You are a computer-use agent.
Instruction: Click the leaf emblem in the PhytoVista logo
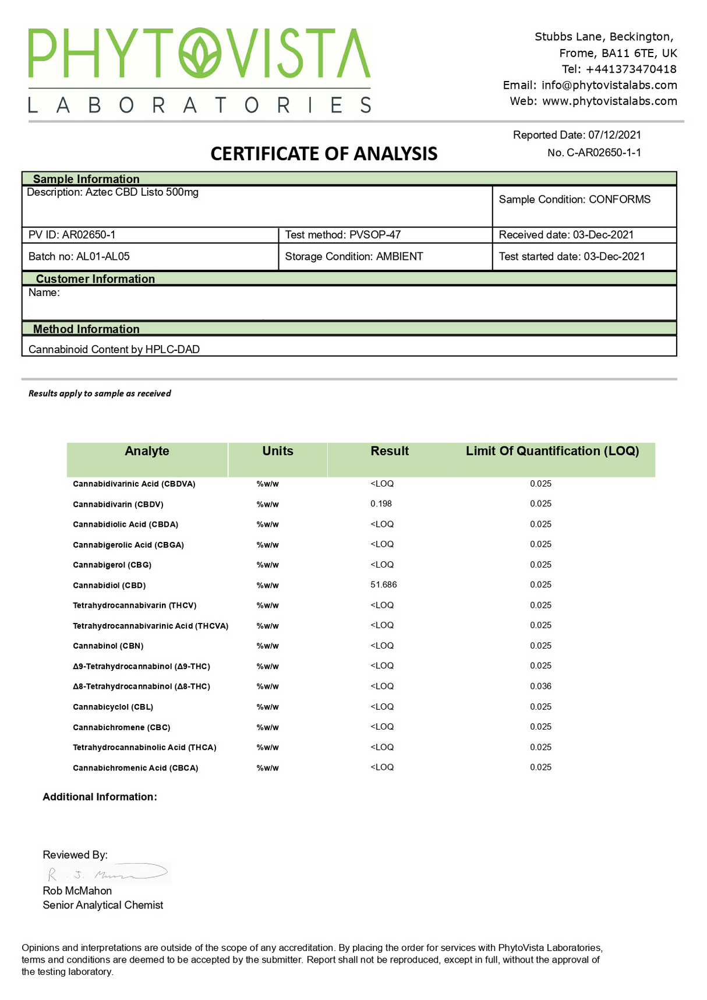200,53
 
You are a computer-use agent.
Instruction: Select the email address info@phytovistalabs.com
609,85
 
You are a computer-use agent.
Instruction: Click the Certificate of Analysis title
324,154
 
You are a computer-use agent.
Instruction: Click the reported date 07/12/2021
614,135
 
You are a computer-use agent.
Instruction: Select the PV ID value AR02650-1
89,235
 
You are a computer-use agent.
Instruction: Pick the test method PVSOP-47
375,235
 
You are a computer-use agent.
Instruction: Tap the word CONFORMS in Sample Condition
620,199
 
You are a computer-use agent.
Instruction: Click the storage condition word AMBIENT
400,256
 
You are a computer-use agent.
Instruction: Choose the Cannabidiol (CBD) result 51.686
384,584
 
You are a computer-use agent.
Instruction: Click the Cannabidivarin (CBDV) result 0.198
381,503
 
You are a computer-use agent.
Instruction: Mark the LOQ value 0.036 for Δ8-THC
540,686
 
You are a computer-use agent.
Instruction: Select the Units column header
278,451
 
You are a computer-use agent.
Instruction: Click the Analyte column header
147,451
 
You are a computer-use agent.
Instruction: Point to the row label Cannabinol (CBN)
108,646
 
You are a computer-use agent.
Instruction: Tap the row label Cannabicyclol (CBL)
113,707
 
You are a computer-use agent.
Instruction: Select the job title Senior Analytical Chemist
103,905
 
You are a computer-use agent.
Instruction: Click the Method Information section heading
86,329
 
